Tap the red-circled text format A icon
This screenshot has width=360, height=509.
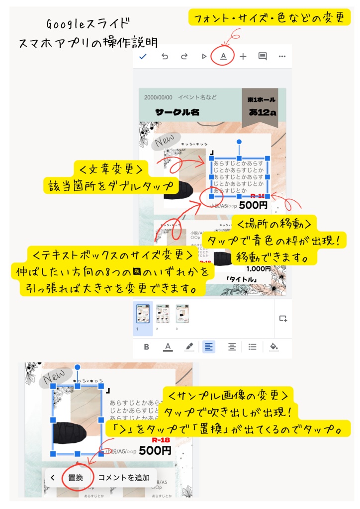(223, 56)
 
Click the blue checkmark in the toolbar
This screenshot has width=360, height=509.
(143, 56)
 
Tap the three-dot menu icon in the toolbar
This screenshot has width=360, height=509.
(282, 56)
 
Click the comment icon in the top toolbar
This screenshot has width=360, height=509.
(263, 56)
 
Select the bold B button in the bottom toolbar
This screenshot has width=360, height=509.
(147, 346)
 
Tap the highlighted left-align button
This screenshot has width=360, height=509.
(208, 346)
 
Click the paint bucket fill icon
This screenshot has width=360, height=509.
(273, 346)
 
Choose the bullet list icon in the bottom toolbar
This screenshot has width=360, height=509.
(252, 346)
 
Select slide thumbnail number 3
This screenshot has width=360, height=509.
(182, 315)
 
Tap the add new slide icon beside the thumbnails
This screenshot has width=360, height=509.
(283, 318)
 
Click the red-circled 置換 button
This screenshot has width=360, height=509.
(76, 478)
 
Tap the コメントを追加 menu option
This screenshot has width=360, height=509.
(124, 478)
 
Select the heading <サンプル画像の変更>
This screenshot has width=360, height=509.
(227, 397)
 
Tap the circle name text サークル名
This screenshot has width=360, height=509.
(177, 112)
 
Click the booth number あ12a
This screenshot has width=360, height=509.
(263, 113)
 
